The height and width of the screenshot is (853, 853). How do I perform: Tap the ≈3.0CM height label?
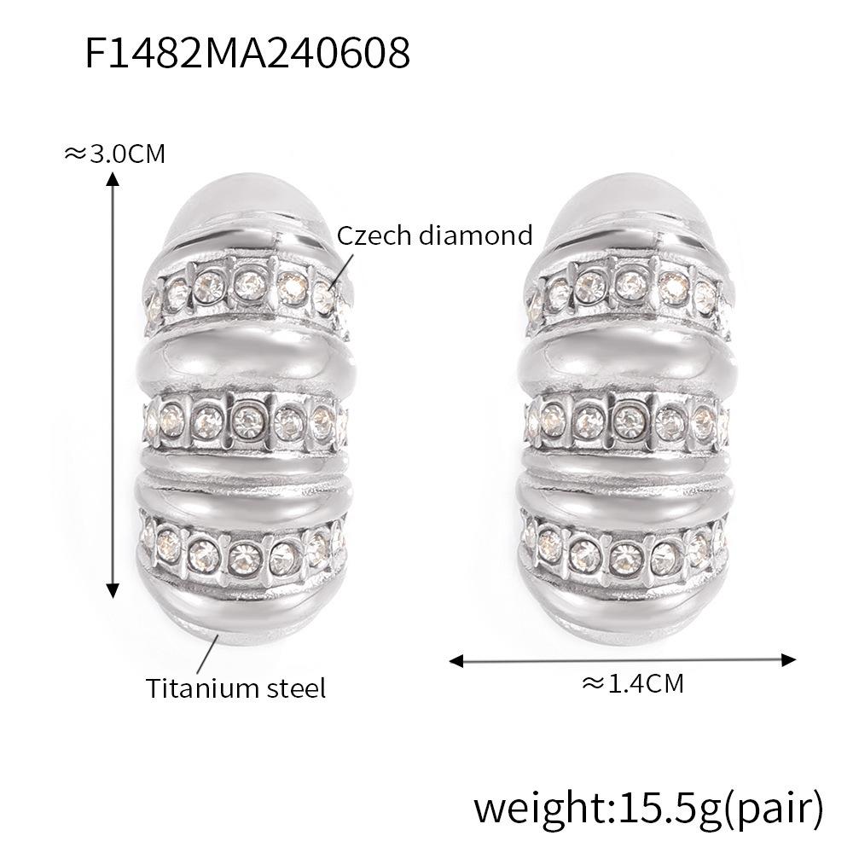click(x=114, y=154)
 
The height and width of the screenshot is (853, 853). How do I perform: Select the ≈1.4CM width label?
click(x=632, y=682)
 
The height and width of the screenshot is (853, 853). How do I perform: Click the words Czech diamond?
click(x=434, y=235)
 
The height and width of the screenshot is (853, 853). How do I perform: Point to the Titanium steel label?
click(x=235, y=688)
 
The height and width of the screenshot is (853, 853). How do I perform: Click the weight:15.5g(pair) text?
click(x=649, y=806)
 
